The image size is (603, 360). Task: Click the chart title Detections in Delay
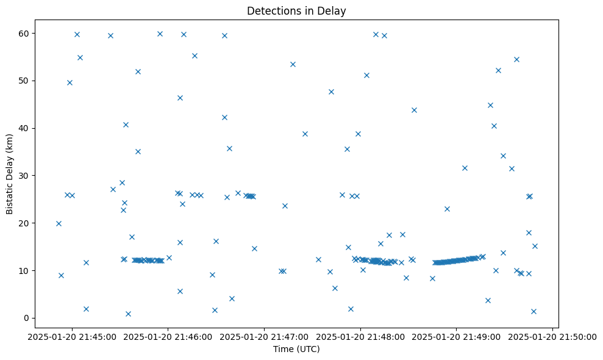click(x=296, y=10)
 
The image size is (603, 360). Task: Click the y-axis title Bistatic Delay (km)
click(x=10, y=173)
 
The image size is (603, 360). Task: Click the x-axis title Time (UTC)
click(x=296, y=349)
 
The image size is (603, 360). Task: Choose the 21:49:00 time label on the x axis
click(x=457, y=336)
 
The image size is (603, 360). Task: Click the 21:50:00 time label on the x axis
click(x=552, y=336)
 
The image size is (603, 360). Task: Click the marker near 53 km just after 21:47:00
click(x=293, y=64)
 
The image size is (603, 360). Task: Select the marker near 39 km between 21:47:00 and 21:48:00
click(x=305, y=134)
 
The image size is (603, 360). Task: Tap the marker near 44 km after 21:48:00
click(x=414, y=110)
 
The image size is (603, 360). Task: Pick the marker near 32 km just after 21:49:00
click(x=465, y=168)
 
